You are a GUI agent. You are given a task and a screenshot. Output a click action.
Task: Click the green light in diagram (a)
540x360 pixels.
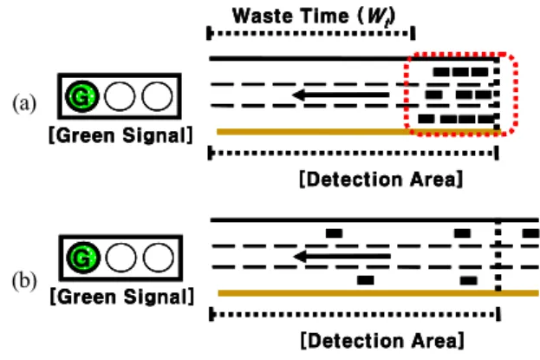click(x=82, y=96)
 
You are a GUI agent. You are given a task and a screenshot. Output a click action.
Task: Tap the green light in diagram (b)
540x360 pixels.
click(x=82, y=258)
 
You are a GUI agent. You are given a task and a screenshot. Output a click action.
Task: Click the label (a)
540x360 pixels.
click(x=24, y=103)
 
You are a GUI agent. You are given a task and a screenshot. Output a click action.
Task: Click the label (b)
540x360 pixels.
click(x=24, y=281)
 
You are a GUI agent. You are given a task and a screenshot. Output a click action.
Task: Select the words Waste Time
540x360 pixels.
click(x=291, y=16)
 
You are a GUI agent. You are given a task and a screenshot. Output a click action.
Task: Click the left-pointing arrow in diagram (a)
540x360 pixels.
click(x=341, y=95)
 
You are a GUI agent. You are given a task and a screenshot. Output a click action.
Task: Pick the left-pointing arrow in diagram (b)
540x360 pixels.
click(x=342, y=256)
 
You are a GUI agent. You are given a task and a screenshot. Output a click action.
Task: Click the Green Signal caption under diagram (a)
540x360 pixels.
click(x=120, y=135)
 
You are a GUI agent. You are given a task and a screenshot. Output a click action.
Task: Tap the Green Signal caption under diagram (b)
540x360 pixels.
click(x=122, y=297)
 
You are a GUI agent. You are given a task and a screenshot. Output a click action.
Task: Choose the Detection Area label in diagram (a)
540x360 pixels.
click(x=381, y=180)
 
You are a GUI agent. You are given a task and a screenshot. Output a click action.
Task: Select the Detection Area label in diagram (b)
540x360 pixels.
click(x=382, y=341)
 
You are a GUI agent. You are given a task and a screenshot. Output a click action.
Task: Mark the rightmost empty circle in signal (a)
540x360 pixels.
click(x=157, y=96)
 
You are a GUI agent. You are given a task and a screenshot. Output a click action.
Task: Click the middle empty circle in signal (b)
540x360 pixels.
click(x=120, y=258)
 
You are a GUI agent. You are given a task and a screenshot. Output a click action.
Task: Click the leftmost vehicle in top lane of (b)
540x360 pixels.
click(x=334, y=233)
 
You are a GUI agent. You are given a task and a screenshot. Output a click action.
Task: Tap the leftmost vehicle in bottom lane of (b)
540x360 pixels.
click(x=366, y=280)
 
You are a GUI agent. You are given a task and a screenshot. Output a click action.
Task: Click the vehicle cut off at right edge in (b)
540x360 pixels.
click(x=531, y=233)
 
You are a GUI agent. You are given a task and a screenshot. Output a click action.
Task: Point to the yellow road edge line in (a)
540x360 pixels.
click(x=358, y=132)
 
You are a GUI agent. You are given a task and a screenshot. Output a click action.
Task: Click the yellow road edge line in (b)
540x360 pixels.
click(x=379, y=293)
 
